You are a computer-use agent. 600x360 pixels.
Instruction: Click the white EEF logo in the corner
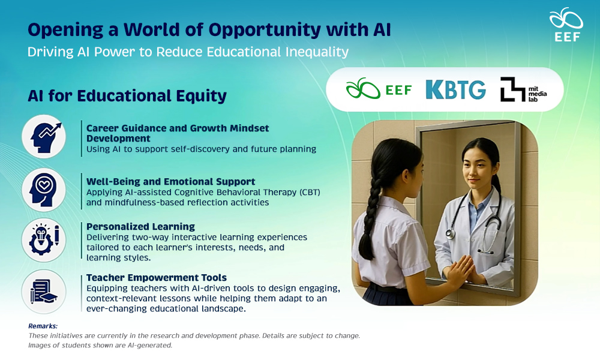[x=566, y=25]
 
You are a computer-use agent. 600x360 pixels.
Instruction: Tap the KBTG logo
[x=456, y=89]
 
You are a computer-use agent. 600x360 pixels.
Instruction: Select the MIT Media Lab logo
[x=523, y=89]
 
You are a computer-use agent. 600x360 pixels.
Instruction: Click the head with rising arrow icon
[x=44, y=137]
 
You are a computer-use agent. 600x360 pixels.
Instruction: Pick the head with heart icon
[x=44, y=190]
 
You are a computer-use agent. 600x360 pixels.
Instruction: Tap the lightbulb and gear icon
[x=44, y=240]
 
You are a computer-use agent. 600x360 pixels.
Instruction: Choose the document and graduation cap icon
[x=44, y=292]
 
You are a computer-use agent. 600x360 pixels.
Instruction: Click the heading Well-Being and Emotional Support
[x=170, y=182]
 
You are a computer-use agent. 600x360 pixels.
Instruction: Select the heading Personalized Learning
[x=140, y=227]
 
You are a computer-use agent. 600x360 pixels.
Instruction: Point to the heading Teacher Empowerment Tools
[x=157, y=278]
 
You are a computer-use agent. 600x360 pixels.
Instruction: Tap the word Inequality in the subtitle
[x=317, y=52]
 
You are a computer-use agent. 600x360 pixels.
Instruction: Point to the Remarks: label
[x=43, y=326]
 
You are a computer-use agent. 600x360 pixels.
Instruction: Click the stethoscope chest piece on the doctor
[x=451, y=233]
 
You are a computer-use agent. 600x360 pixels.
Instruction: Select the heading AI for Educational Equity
[x=127, y=96]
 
